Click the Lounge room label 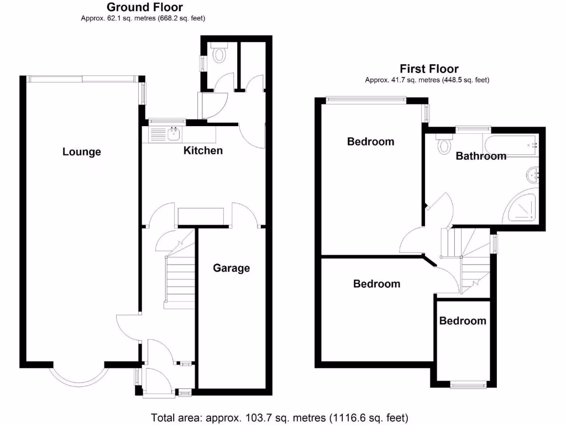[x=82, y=152]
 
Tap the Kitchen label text [x=203, y=151]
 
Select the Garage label [x=232, y=268]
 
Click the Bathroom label [x=481, y=156]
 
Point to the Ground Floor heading [x=145, y=7]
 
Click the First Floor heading [x=429, y=69]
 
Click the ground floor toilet [x=220, y=54]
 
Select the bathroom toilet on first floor [x=443, y=145]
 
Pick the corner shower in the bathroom [x=522, y=208]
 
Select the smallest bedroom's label [x=463, y=321]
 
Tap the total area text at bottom [x=280, y=417]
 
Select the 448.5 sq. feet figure [x=464, y=80]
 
